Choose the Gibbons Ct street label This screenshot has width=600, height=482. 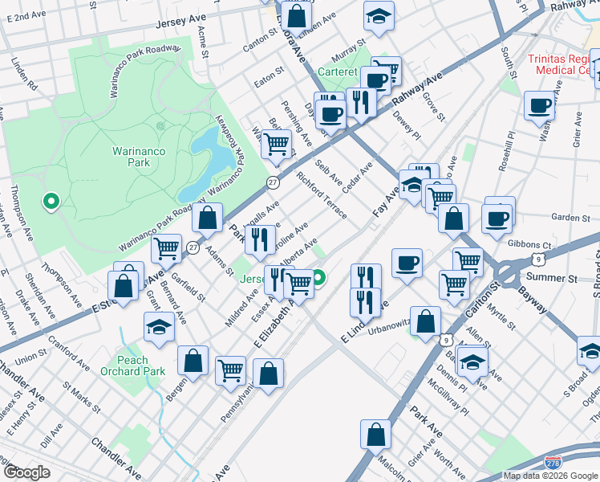tap(535, 244)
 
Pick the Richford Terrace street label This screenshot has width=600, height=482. tap(322, 195)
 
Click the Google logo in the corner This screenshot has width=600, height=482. tap(26, 472)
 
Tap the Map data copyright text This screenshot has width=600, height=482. tap(550, 476)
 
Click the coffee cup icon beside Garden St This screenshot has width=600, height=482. tap(498, 219)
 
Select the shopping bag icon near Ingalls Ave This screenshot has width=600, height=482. tap(208, 217)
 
